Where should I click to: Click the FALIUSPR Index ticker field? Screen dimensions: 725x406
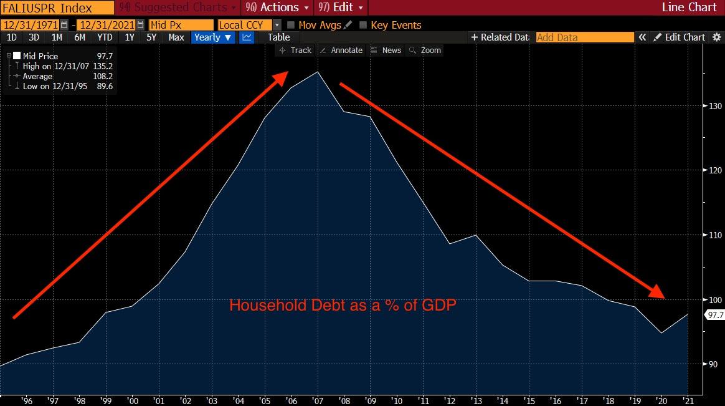click(57, 8)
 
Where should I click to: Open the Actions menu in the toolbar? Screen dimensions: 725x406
click(277, 7)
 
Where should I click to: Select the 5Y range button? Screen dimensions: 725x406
click(151, 37)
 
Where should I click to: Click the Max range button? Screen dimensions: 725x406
click(176, 37)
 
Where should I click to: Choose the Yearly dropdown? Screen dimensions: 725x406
click(212, 37)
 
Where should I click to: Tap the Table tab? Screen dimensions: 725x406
click(279, 37)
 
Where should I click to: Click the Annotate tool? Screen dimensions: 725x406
click(342, 51)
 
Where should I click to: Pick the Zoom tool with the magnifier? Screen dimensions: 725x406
click(425, 51)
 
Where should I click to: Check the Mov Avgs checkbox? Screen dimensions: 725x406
click(291, 25)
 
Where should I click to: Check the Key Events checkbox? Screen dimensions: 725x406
click(363, 25)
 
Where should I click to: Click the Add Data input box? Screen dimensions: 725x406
click(585, 37)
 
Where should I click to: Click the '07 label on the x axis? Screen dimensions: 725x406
click(318, 400)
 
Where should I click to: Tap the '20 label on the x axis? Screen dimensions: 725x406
click(661, 400)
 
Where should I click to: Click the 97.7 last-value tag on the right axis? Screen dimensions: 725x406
click(715, 315)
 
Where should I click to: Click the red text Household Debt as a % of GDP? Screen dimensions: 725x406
click(343, 305)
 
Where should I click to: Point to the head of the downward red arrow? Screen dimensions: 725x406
click(665, 297)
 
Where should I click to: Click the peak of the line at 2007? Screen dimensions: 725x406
click(318, 72)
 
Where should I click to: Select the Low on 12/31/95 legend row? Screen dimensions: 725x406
click(60, 86)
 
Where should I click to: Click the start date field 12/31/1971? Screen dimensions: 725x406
click(31, 25)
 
